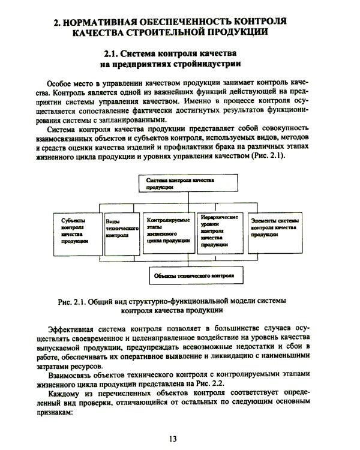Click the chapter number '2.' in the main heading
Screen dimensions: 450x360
point(58,23)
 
